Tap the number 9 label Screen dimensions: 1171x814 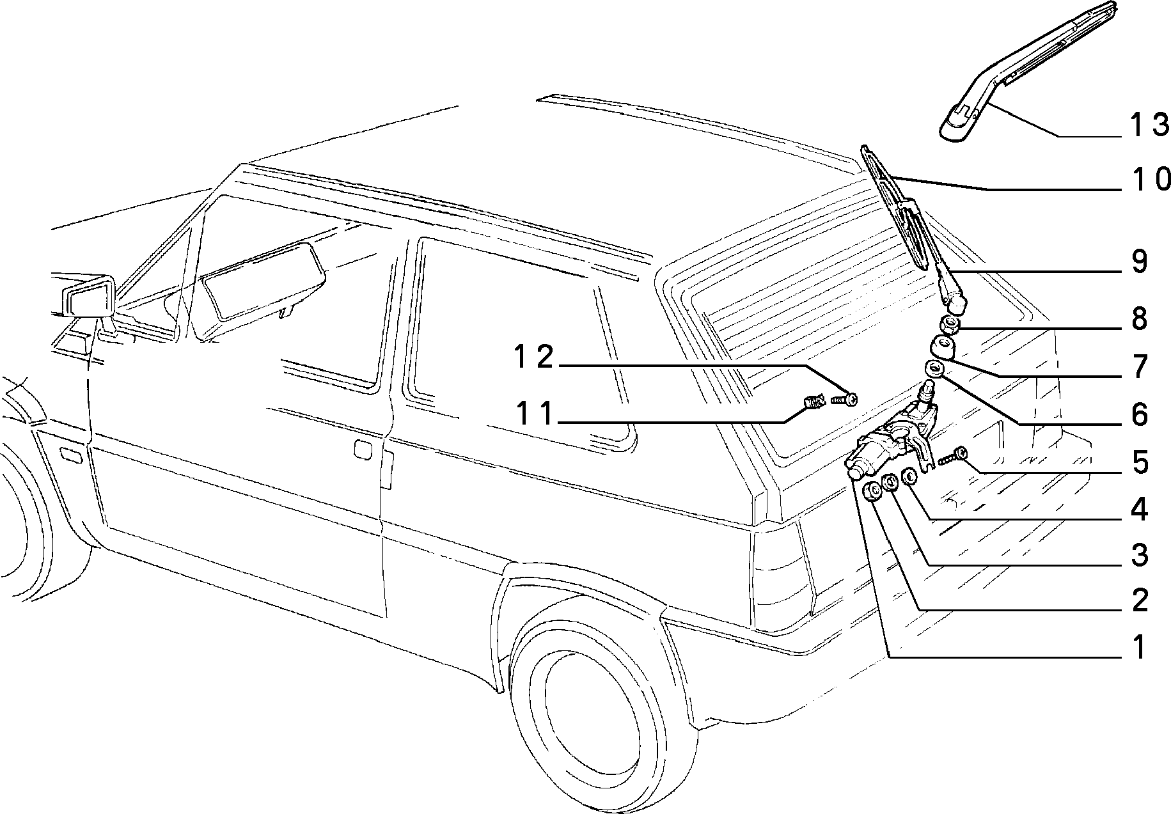tap(1139, 263)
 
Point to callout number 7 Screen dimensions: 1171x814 tap(1139, 366)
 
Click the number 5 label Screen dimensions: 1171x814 tap(1139, 462)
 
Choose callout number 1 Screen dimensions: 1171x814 tap(1139, 648)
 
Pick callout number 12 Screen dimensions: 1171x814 tap(535, 357)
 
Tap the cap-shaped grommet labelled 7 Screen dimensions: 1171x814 tap(941, 347)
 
